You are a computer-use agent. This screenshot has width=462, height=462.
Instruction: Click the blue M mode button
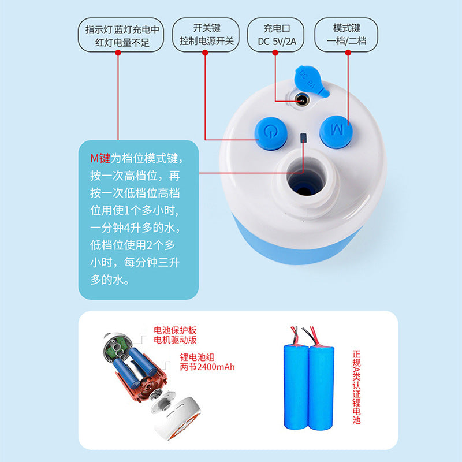(336, 132)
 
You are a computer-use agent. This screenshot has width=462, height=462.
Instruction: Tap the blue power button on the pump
(271, 133)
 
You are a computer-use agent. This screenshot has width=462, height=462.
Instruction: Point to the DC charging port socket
(302, 100)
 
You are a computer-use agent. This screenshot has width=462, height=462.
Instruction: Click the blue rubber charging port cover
(311, 80)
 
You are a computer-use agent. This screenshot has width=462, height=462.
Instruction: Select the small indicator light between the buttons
(303, 138)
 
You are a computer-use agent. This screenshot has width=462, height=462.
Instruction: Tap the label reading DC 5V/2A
(277, 42)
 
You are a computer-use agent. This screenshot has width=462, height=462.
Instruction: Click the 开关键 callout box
(206, 35)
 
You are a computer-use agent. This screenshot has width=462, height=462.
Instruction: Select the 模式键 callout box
(346, 35)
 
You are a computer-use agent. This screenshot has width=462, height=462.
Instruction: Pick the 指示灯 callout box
(121, 35)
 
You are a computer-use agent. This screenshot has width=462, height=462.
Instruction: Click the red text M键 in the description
(100, 158)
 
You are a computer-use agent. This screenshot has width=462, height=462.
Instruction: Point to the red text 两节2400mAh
(207, 367)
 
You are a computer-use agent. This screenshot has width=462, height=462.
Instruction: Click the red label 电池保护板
(175, 330)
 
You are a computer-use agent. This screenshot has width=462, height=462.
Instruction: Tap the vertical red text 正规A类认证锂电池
(356, 387)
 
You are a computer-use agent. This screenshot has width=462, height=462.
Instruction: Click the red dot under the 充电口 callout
(275, 53)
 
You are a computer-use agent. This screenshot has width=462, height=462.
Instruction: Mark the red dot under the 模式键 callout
(348, 53)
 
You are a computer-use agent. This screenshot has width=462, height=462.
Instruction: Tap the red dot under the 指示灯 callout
(118, 53)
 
